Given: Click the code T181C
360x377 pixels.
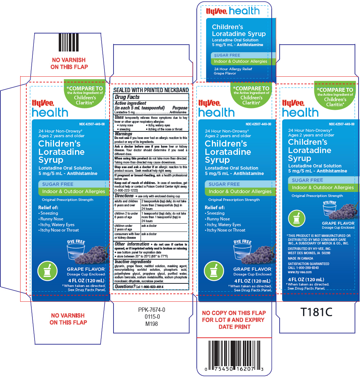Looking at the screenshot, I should (316, 312).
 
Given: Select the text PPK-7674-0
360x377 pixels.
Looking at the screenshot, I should (152, 310).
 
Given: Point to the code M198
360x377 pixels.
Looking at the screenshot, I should (152, 324).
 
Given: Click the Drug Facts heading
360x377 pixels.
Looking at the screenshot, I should (127, 97).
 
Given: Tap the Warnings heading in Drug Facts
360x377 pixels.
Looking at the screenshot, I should (124, 134).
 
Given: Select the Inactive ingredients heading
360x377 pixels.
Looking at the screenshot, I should (133, 261).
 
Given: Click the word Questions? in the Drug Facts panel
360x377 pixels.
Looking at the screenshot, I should (125, 287).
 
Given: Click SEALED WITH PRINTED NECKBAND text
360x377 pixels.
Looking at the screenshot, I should (151, 90).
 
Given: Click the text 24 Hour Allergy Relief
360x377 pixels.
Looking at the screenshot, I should (233, 69).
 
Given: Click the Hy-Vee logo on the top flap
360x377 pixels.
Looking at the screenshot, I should (216, 12).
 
